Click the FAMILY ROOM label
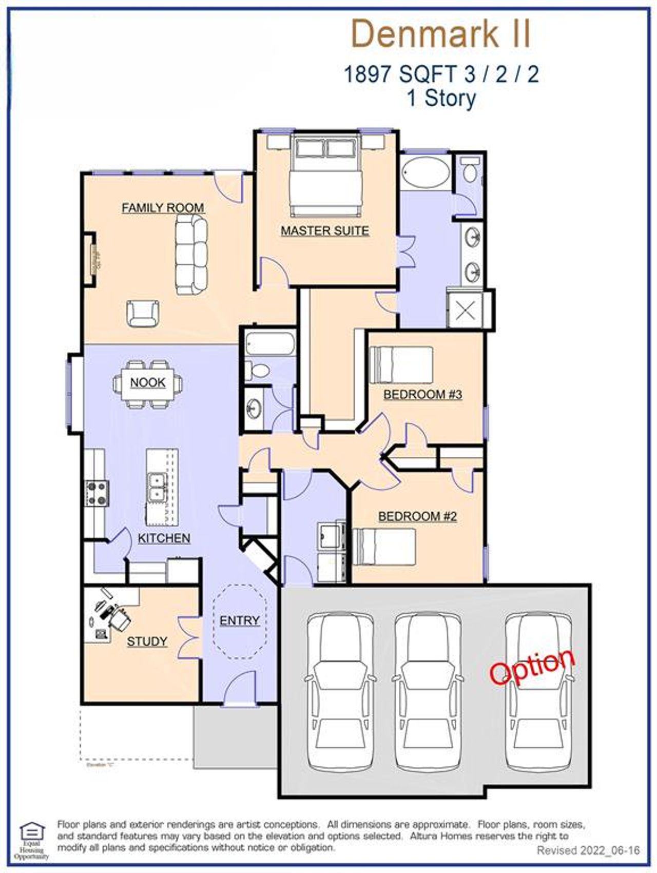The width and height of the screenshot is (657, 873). [163, 208]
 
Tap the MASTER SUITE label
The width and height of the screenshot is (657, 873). [324, 231]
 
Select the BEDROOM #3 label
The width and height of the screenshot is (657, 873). [423, 394]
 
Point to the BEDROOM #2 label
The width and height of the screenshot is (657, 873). [417, 516]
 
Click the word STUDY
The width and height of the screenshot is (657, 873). [147, 641]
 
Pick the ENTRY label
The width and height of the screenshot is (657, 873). [239, 620]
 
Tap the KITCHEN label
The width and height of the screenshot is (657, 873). [164, 538]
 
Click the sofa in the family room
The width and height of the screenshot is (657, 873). [191, 254]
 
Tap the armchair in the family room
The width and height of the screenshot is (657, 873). [143, 313]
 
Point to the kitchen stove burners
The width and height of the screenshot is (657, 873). [97, 492]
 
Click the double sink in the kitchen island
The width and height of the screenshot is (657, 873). [157, 487]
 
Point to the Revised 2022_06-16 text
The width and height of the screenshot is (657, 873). [588, 850]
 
